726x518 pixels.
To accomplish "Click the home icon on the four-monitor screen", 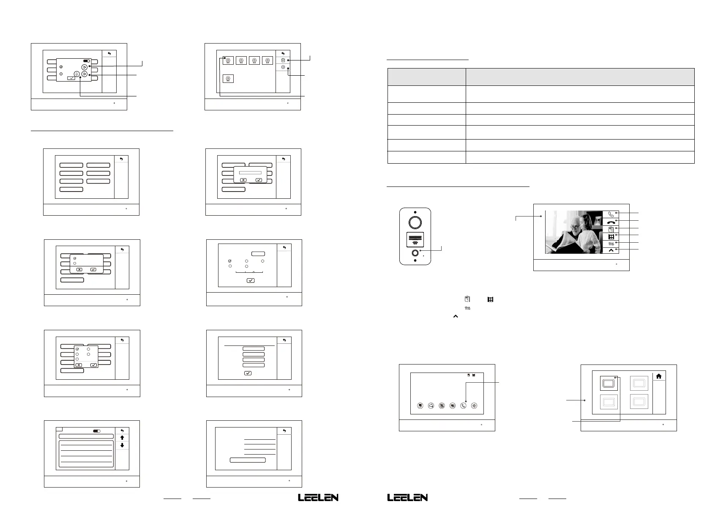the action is point(658,376).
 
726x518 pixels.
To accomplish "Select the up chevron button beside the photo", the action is point(611,250).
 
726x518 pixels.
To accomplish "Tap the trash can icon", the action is point(283,60).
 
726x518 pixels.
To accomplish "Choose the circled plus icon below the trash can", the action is point(283,67).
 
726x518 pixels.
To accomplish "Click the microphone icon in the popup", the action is point(76,74).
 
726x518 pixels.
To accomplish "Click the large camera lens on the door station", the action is point(415,222).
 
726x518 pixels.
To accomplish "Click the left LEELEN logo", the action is point(318,498).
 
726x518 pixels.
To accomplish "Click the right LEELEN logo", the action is point(407,498).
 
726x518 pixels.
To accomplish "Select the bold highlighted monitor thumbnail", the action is point(609,384).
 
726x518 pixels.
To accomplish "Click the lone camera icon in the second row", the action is point(228,79).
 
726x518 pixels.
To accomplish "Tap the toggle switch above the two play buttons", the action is point(87,61).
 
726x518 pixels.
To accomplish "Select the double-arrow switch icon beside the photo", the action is point(611,244).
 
